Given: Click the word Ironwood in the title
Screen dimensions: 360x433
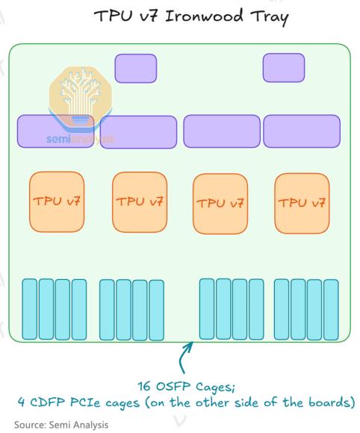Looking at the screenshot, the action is pos(204,16).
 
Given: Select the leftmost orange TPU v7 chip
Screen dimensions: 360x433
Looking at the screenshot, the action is pos(57,202).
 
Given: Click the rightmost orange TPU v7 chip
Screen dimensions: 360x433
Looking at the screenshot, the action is pos(302,203).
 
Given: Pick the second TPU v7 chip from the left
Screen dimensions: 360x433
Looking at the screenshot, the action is pos(140,202).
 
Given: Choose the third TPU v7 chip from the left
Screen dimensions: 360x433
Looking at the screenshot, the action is pos(220,204).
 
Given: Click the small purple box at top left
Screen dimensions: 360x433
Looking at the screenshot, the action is pos(136,68).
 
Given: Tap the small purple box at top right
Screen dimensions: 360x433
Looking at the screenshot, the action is pos(284,68).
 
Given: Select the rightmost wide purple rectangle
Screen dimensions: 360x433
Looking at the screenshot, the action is pos(302,131).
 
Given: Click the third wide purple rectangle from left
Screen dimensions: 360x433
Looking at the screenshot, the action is pos(222,131).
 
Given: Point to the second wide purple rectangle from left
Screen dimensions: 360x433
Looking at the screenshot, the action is pos(138,132).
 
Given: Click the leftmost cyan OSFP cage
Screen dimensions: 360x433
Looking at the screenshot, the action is pos(30,309).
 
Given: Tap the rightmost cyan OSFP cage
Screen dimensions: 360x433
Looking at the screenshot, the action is pos(331,310).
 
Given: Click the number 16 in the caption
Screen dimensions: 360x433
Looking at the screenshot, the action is pos(144,386).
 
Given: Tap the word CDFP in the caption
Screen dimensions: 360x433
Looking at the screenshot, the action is pos(47,402).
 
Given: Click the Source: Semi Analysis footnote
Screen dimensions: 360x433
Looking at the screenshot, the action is pos(61,425).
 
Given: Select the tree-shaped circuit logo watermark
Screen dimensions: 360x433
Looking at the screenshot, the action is pos(80,98).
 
